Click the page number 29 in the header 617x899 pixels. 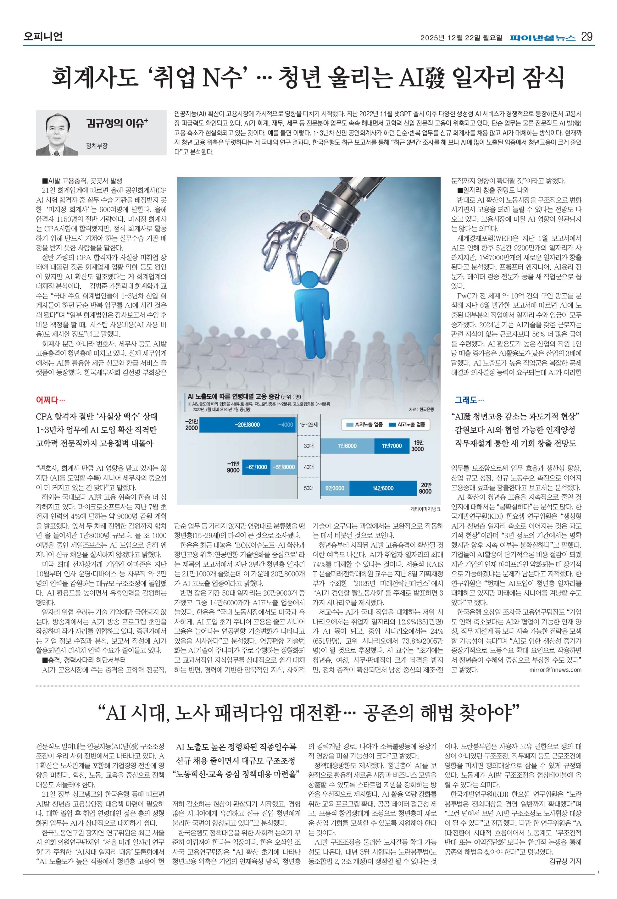click(587, 37)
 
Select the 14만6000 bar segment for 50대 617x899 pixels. click(383, 488)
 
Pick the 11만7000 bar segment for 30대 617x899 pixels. click(392, 446)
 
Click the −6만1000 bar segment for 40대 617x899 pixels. click(256, 467)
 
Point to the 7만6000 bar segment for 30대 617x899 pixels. click(347, 446)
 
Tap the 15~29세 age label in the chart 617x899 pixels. click(308, 425)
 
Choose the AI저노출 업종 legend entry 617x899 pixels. click(365, 424)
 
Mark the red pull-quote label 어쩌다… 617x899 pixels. click(51, 399)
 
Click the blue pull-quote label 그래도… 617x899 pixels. click(469, 399)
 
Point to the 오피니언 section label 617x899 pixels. click(42, 37)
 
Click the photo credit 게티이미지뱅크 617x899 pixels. click(425, 509)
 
